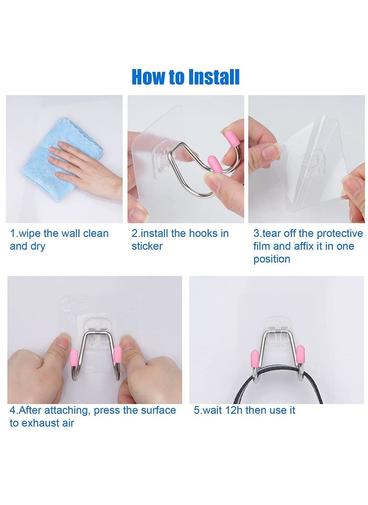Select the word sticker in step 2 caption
pyautogui.click(x=147, y=246)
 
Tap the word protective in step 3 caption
pyautogui.click(x=339, y=233)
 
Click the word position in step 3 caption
pyautogui.click(x=272, y=259)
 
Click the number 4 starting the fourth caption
pyautogui.click(x=12, y=410)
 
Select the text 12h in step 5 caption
pyautogui.click(x=232, y=410)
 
